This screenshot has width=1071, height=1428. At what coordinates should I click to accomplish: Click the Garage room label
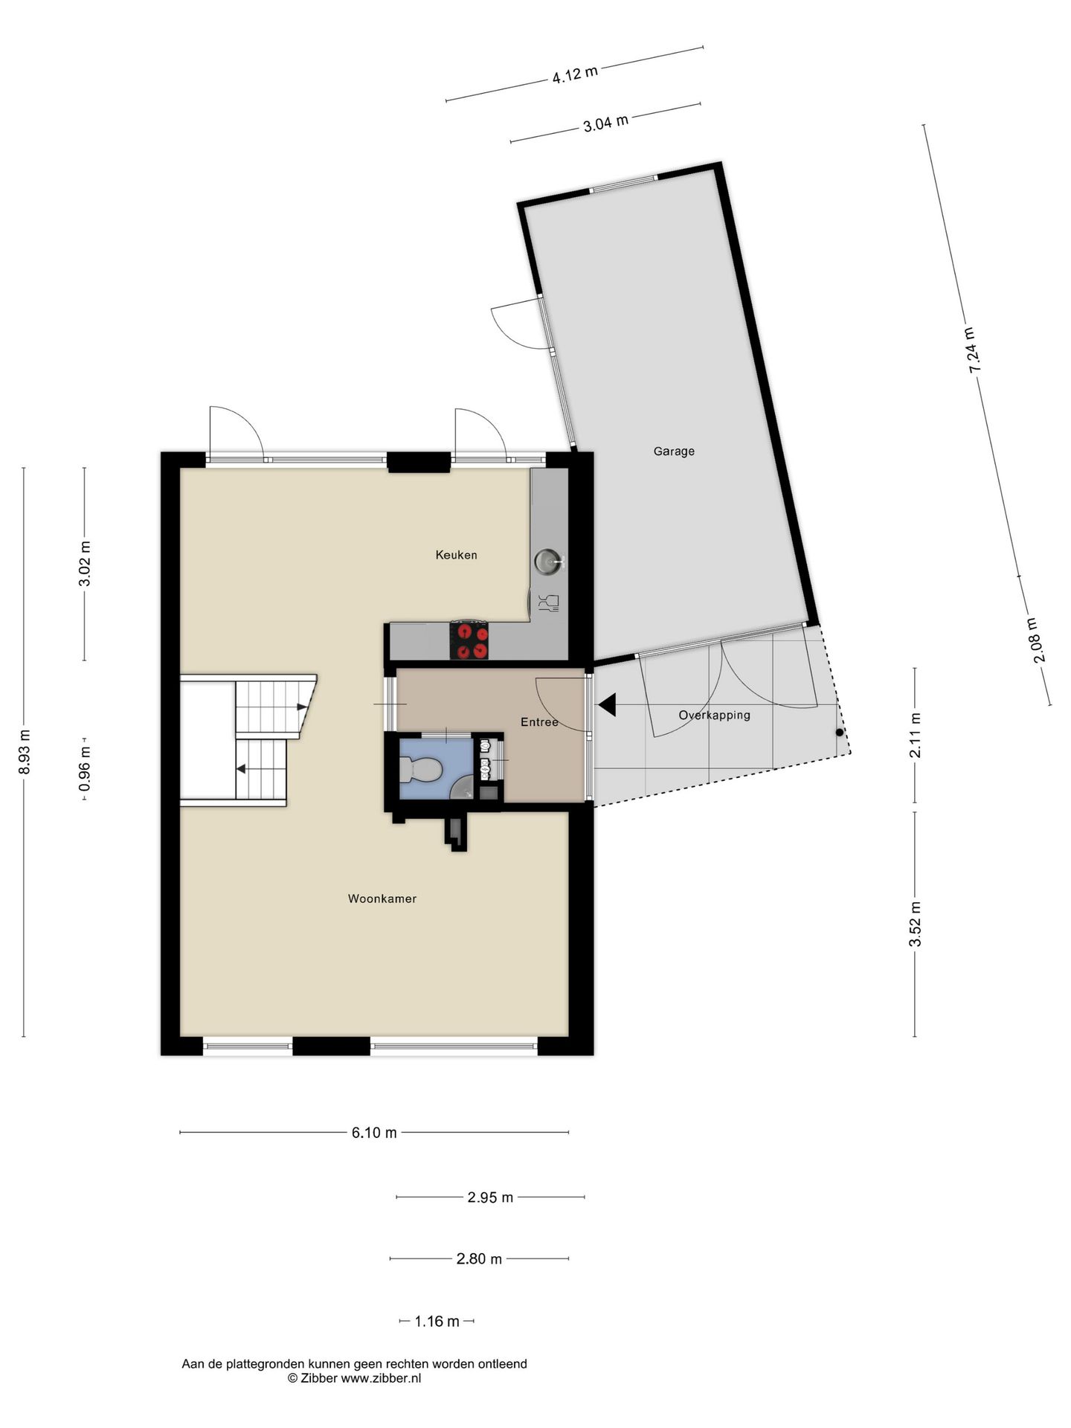674,451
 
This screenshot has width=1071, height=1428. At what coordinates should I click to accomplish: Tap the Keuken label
456,555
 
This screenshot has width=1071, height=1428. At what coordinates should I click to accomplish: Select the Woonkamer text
382,898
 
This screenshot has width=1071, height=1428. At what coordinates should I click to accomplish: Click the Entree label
539,722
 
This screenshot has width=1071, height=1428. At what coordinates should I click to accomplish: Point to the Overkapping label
714,715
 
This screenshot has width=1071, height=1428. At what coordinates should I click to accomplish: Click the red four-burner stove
470,640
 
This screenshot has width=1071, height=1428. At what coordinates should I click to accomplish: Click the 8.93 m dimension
25,751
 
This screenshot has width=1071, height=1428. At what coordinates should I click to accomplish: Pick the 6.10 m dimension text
374,1133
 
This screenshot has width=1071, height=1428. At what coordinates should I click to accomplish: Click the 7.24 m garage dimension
973,350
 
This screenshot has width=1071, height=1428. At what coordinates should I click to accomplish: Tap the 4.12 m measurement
574,74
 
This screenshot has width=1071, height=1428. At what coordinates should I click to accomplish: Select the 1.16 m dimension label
437,1322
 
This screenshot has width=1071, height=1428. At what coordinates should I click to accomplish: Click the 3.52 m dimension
915,924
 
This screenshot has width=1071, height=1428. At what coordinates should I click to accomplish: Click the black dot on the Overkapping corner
840,733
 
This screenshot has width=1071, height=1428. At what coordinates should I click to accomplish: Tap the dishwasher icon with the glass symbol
551,603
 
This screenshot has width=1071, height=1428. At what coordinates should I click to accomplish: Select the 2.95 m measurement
490,1197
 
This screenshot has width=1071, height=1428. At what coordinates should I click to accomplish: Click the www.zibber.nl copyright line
354,1378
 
